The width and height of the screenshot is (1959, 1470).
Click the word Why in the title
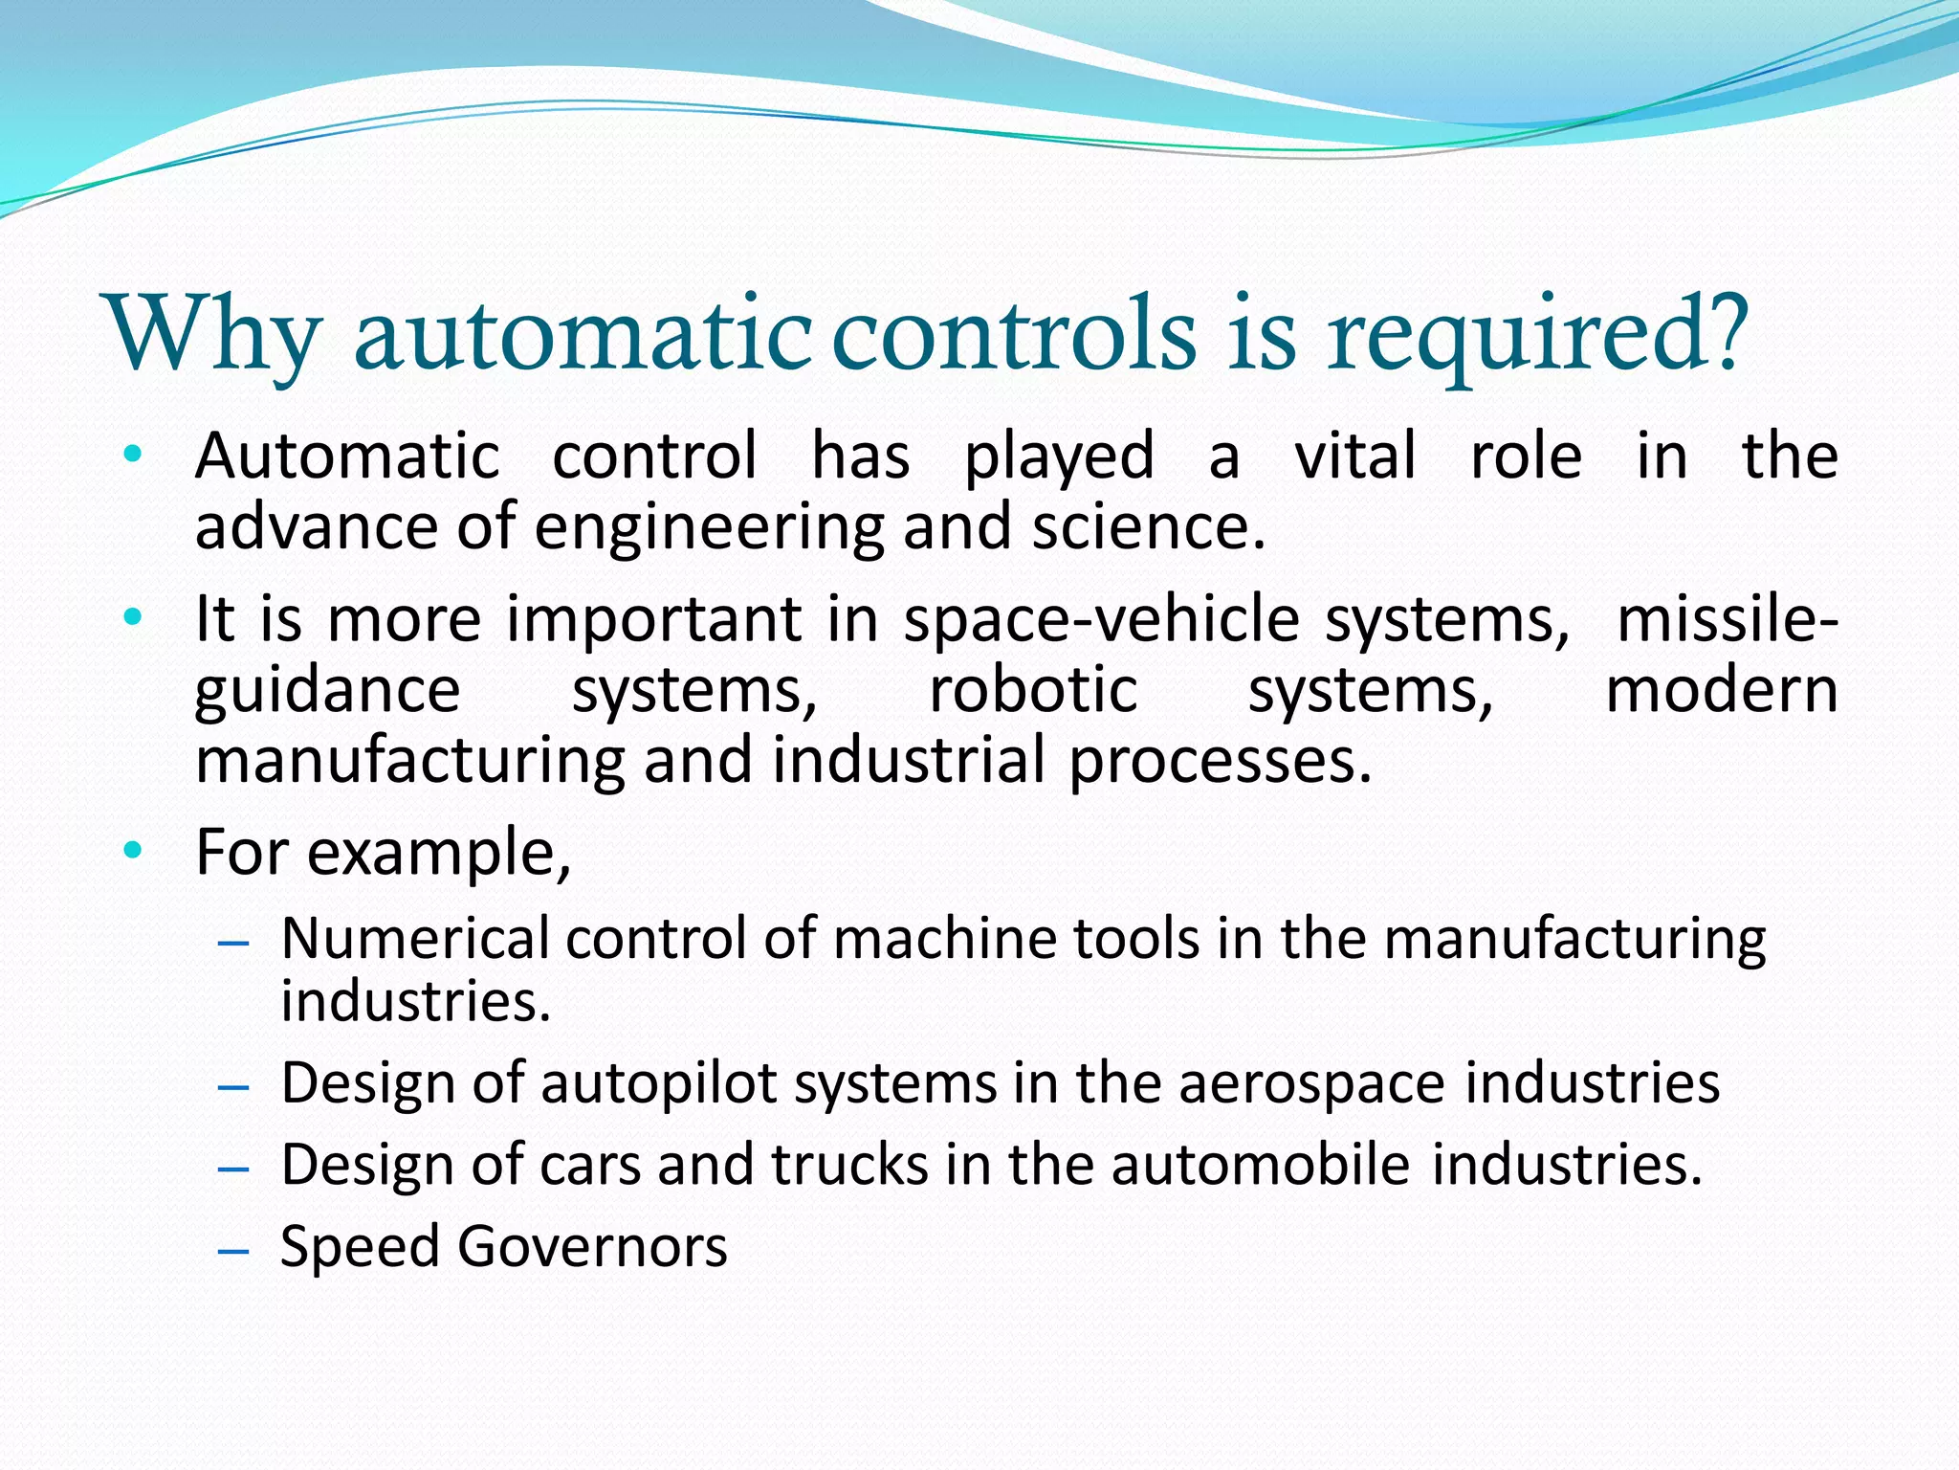[x=213, y=335]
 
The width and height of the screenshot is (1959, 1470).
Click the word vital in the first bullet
[x=1354, y=456]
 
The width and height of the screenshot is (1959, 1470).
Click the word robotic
[x=1033, y=690]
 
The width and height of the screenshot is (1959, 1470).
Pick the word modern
[x=1721, y=690]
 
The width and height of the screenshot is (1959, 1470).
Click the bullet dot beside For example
[x=133, y=849]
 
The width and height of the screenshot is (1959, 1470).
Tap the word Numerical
[x=415, y=938]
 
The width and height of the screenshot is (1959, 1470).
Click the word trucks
[x=849, y=1166]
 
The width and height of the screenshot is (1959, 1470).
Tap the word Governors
[x=592, y=1247]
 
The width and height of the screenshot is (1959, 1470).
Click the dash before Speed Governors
[x=233, y=1251]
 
